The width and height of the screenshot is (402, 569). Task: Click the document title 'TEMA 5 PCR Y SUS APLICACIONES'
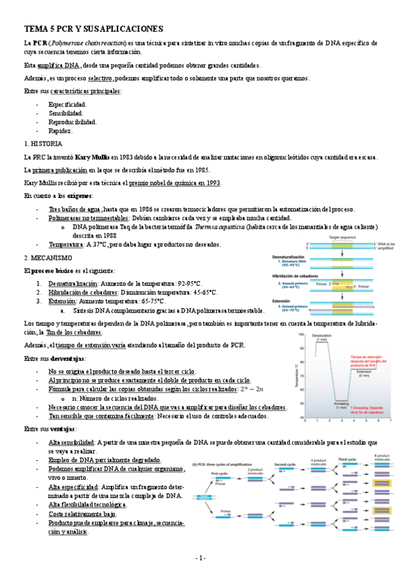(x=93, y=29)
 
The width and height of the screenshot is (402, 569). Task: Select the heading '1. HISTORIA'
(x=43, y=144)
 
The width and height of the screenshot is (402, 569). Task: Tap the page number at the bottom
(x=201, y=558)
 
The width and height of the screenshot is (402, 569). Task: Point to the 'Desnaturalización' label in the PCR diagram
(x=288, y=257)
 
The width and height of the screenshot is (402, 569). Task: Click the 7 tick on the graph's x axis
(x=391, y=421)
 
